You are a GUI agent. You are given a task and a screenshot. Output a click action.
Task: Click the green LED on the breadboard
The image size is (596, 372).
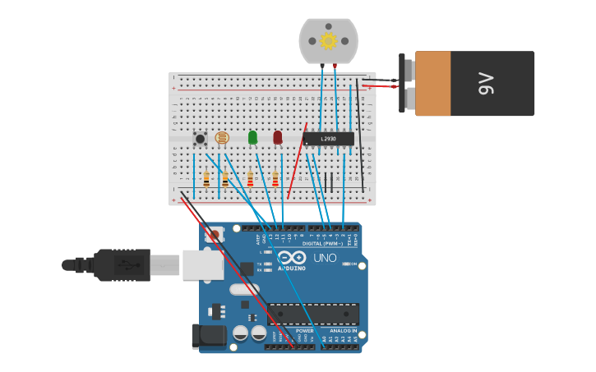coord(252,137)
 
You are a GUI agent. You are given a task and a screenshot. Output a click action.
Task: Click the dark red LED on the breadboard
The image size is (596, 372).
coord(277,137)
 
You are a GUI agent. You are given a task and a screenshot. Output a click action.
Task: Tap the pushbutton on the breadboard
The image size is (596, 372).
coord(200,139)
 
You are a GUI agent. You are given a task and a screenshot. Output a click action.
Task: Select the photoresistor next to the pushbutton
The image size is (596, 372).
coord(221,139)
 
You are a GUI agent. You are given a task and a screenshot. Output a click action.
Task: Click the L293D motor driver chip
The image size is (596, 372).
coord(328,139)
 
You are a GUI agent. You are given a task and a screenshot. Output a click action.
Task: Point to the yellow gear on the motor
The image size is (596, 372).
coord(329,40)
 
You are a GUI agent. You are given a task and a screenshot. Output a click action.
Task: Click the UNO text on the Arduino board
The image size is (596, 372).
coord(325,258)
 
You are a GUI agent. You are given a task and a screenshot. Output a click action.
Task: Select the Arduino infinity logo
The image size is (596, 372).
coord(291,257)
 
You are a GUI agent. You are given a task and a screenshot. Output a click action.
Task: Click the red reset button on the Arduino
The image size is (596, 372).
coord(215,235)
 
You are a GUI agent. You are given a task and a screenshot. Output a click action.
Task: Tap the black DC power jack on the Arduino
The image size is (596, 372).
coord(207,336)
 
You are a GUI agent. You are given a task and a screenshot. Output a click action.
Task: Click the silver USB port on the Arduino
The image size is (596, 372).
coord(201,264)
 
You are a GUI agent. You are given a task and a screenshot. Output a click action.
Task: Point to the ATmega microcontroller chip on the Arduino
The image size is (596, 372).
coord(313,314)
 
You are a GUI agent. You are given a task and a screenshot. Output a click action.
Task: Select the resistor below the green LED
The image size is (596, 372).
coord(250,179)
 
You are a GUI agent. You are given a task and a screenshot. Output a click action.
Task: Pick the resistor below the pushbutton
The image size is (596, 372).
coord(206,179)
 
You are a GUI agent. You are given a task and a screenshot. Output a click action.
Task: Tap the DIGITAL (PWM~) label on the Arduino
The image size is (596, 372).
coord(321,243)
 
